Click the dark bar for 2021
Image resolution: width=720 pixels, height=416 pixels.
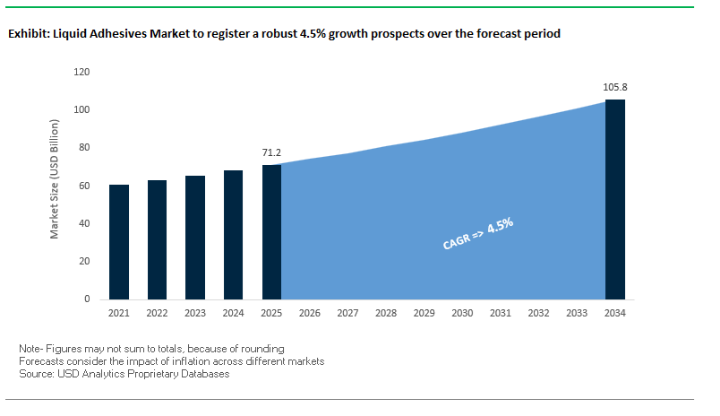[119, 242]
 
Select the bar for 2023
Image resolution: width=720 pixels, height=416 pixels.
[195, 238]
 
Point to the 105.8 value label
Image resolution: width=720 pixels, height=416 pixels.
[614, 88]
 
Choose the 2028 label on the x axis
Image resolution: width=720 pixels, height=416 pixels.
[386, 314]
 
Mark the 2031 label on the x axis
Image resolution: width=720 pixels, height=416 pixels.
[501, 314]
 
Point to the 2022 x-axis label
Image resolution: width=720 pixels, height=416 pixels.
[157, 314]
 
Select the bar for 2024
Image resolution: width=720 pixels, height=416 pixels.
[233, 234]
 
